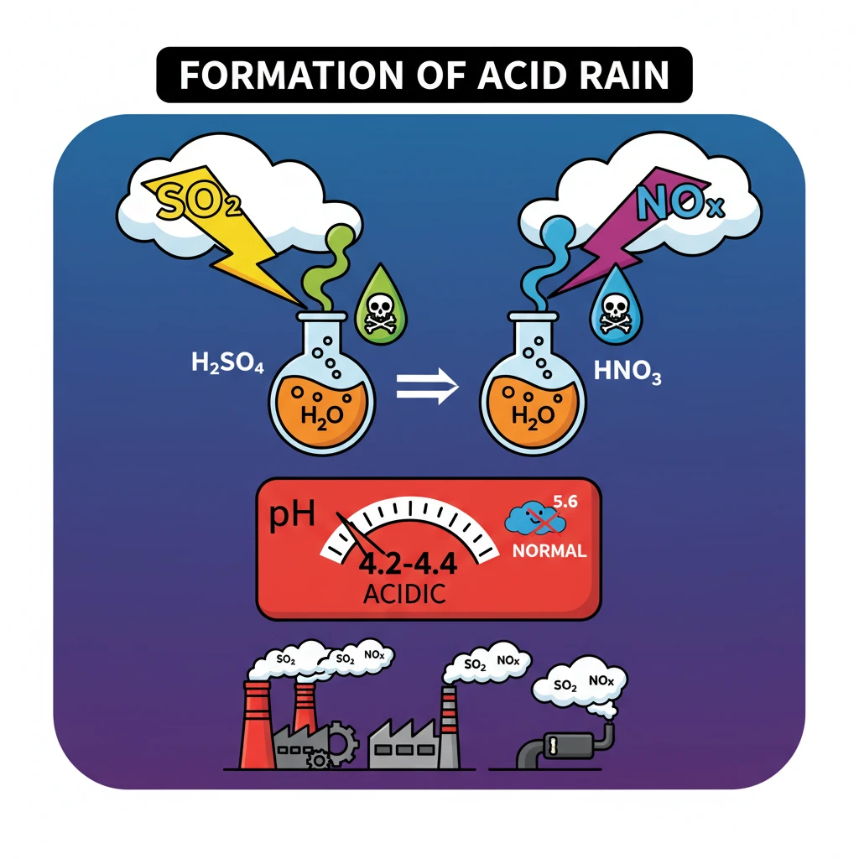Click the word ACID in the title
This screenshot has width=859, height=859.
point(522,75)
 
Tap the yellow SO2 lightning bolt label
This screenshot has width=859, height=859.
point(198,200)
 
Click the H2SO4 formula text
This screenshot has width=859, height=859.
point(227,362)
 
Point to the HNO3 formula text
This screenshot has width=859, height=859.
point(627,372)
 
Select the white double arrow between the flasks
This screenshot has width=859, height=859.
point(427,386)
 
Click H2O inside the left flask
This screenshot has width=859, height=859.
point(322,416)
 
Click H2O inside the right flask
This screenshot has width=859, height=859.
point(533,416)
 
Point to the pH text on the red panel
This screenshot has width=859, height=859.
point(292,515)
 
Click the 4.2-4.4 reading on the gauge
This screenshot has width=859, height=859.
point(408,564)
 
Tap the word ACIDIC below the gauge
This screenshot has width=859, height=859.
point(404,594)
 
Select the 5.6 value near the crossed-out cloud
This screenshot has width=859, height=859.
point(565,501)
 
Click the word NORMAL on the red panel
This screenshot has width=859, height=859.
point(549,550)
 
